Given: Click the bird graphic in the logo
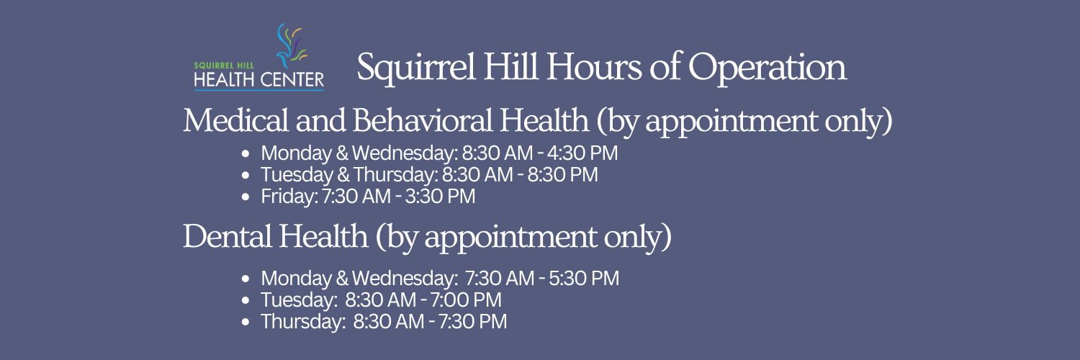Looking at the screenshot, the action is [291, 46].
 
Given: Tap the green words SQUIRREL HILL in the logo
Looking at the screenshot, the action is [224, 66].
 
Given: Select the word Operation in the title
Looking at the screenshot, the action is [767, 68].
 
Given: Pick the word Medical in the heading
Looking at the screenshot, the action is [235, 120].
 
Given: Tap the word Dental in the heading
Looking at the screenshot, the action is [227, 236].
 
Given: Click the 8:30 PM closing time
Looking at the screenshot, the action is [562, 175].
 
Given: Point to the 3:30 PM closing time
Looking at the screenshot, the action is [440, 197].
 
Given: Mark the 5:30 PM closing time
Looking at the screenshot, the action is [584, 279].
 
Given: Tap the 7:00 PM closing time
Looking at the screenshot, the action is [465, 300].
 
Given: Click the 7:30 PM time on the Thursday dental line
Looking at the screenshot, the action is [472, 322].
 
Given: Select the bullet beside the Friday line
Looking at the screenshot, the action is [246, 197].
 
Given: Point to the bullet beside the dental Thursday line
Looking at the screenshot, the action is [246, 322].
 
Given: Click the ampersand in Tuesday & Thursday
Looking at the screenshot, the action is [343, 175].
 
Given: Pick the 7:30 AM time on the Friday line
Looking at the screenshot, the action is [356, 197].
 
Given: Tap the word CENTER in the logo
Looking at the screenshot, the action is [292, 80].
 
